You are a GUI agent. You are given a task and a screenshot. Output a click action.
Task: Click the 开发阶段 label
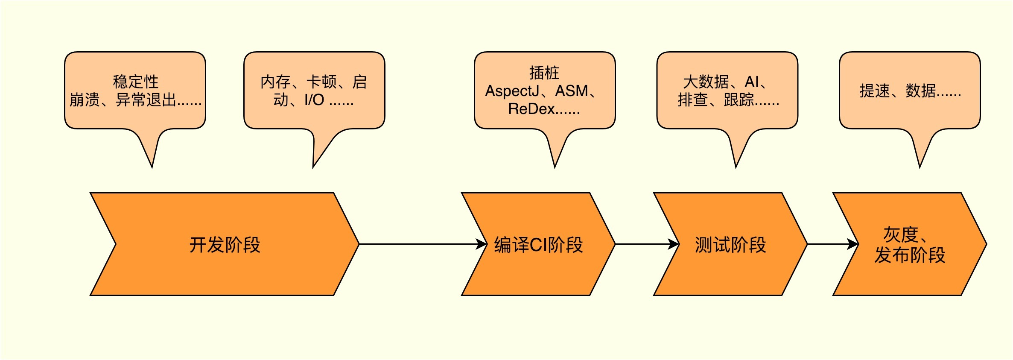(225, 245)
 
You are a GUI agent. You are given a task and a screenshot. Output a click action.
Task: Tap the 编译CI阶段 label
(538, 245)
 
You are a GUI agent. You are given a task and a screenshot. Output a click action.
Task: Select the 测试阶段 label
(730, 245)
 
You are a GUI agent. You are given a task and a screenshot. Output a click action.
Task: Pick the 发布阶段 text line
(910, 255)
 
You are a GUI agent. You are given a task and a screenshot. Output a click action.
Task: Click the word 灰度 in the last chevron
(900, 234)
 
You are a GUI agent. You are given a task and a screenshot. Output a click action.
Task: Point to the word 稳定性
(135, 82)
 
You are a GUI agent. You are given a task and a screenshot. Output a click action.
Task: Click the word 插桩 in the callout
(544, 73)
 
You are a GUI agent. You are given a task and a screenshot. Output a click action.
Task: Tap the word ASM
(572, 91)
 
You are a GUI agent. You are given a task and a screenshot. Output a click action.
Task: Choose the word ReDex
(531, 109)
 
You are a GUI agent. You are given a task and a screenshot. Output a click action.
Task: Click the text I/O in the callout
(314, 100)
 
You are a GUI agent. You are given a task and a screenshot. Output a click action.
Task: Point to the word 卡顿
(321, 82)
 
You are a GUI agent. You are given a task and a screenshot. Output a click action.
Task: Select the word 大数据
(706, 82)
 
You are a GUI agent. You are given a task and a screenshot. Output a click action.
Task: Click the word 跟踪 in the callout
(739, 100)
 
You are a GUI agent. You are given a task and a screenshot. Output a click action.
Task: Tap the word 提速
(875, 91)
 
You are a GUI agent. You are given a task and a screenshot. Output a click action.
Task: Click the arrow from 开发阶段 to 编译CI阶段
(423, 244)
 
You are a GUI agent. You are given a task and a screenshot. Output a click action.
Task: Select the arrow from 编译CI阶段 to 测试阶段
(647, 244)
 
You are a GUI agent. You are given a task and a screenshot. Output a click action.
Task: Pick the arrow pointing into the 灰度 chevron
(833, 244)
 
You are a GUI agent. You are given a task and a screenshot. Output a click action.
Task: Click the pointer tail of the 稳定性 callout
(152, 167)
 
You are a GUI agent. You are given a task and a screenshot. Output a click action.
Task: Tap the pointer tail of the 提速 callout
(920, 167)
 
